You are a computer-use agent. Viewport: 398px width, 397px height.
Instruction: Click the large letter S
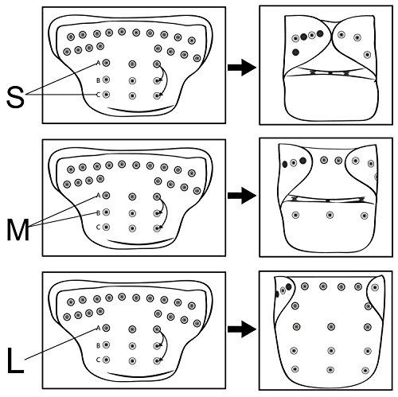tap(15, 98)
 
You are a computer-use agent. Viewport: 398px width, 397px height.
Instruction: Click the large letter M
tap(18, 231)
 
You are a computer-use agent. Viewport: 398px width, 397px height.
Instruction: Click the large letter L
tap(15, 360)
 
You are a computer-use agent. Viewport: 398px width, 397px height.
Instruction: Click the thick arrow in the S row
tap(242, 68)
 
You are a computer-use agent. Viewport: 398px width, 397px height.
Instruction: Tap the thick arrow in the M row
tap(242, 196)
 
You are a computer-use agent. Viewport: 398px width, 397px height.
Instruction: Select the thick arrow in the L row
tap(242, 329)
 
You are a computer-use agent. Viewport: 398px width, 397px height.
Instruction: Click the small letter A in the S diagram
tap(98, 63)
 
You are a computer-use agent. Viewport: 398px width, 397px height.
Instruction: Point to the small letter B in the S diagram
tap(98, 80)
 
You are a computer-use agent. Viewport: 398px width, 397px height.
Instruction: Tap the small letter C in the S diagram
tap(98, 95)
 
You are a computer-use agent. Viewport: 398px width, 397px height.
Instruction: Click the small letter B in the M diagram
tap(98, 212)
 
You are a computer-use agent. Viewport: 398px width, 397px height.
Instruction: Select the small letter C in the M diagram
tap(98, 228)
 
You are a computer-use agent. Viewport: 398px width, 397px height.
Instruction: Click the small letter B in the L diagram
tap(98, 345)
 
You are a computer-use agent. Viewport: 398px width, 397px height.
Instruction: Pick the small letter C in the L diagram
tap(98, 360)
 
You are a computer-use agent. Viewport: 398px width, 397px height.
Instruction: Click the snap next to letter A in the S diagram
tap(106, 63)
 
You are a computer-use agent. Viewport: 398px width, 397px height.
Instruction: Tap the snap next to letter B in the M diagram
tap(106, 212)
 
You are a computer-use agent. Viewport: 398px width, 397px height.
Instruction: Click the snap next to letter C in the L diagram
tap(106, 360)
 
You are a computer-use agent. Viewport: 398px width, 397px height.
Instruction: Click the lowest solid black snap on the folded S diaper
tap(295, 52)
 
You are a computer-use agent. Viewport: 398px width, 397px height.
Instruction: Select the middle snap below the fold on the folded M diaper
tap(330, 215)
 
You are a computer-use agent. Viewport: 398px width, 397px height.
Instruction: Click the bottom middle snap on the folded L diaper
tap(330, 370)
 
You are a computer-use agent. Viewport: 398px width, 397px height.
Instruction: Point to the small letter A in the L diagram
tap(98, 329)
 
